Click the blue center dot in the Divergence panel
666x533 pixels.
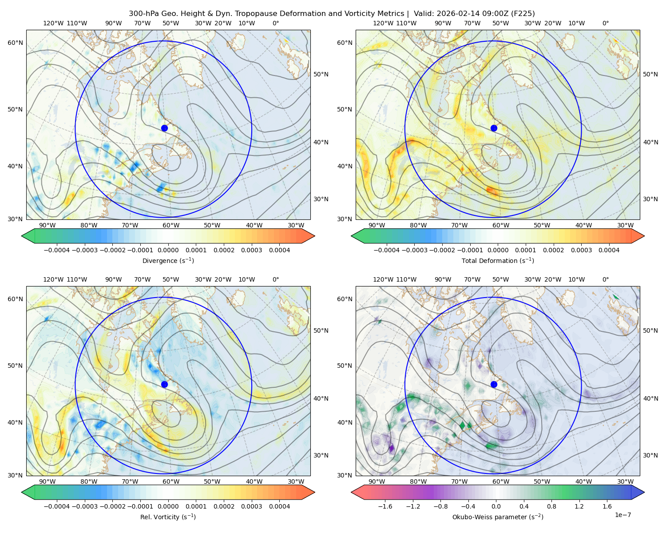164,128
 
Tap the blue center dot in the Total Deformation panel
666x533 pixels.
494,128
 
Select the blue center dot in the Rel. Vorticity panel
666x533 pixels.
164,384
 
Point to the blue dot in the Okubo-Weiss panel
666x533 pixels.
494,384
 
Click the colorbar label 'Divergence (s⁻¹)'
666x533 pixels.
168,261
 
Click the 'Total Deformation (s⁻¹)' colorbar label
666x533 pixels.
498,261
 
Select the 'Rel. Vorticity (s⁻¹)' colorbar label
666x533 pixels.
168,517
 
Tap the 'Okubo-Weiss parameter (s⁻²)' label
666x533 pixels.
498,517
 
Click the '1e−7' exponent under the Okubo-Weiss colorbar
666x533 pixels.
623,515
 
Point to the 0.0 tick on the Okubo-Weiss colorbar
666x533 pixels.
496,506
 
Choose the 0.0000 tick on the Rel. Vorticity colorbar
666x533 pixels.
168,506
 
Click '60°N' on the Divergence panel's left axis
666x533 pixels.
15,43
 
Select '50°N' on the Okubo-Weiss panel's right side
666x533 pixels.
650,330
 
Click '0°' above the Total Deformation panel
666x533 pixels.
606,23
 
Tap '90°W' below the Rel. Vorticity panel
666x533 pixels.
48,481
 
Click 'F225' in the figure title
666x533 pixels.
524,14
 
